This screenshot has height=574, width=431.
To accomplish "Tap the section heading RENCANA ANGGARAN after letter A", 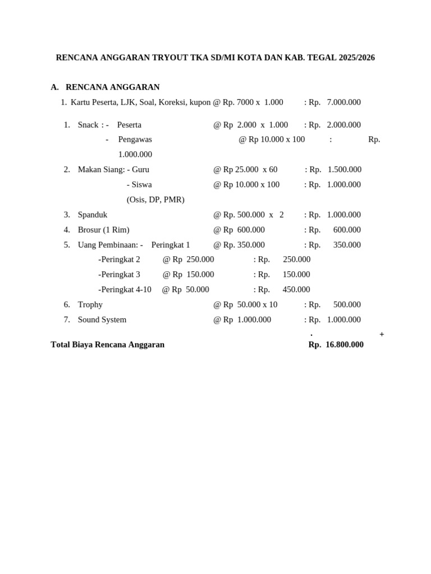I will coord(112,87).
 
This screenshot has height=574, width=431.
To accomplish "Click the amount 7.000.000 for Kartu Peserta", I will coord(343,103).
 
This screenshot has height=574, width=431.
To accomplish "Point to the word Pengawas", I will coord(135,140).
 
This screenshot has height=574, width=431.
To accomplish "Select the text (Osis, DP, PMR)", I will coord(155,200).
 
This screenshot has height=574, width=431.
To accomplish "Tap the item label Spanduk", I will coord(93,215).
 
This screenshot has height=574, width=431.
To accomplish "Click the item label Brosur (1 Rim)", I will coord(104,230).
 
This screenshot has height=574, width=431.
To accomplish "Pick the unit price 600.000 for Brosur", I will coord(251,230).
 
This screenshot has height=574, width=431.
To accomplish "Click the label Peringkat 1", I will coord(171,245).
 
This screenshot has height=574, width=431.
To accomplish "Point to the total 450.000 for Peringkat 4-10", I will coord(296,290).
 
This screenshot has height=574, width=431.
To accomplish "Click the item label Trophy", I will coord(90,305).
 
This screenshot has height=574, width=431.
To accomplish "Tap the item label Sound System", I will coord(102,320).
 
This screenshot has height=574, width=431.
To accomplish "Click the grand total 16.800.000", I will coord(345,345).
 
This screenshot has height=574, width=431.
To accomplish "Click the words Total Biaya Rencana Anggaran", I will coord(108,345).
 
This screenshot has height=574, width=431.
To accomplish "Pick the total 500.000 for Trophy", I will coord(347,305).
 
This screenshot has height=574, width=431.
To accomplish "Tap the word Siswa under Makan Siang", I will coord(141,185).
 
